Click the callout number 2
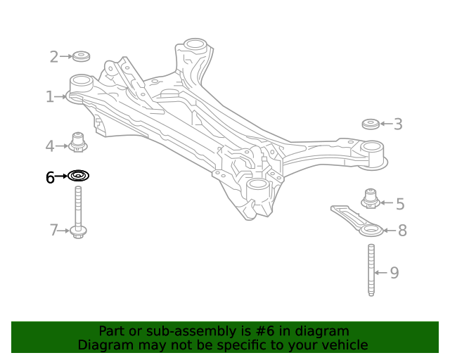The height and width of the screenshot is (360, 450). (x=53, y=57)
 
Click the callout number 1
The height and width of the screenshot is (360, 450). (x=50, y=97)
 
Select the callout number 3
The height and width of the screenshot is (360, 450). (x=398, y=124)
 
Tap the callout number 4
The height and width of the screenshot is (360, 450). (x=50, y=146)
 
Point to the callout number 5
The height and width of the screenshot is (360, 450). (x=399, y=204)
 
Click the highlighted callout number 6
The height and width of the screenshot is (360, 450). (x=50, y=178)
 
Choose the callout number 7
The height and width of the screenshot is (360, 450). (x=53, y=230)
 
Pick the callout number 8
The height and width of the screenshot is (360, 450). (x=402, y=230)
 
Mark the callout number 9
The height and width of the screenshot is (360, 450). (x=394, y=272)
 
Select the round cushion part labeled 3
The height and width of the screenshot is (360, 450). (x=370, y=124)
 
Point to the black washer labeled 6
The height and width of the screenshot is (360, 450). (x=78, y=175)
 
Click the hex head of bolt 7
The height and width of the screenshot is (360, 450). (x=78, y=231)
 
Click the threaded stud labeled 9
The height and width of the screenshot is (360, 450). (x=371, y=270)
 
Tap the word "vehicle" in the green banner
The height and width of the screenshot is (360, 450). (x=342, y=345)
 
